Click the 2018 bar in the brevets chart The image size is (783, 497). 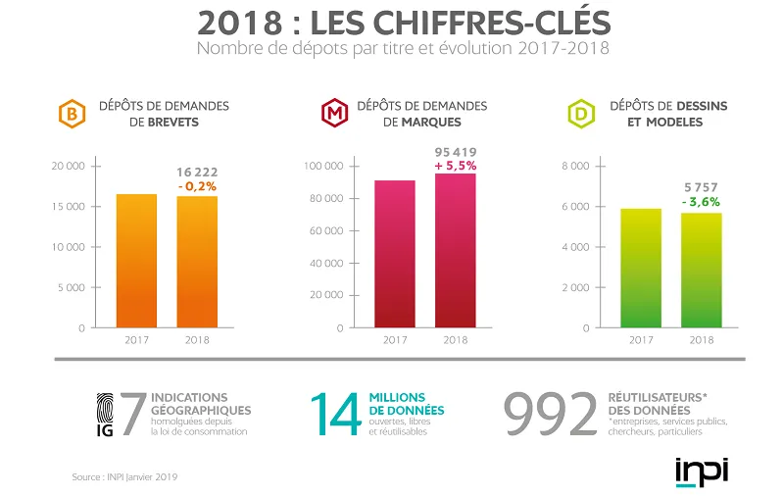click(x=197, y=262)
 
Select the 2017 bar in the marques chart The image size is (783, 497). click(x=394, y=254)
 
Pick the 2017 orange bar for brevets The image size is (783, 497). click(x=136, y=261)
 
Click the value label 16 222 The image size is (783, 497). click(x=197, y=170)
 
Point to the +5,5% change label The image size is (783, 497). click(x=455, y=166)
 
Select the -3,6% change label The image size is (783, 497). click(x=701, y=202)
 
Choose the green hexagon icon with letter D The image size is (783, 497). click(x=581, y=116)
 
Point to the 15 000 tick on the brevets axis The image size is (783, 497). click(x=69, y=206)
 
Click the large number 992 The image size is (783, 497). click(x=550, y=416)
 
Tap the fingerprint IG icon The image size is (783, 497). click(x=107, y=416)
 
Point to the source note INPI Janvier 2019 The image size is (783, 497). click(x=124, y=476)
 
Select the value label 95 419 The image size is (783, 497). click(x=455, y=152)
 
